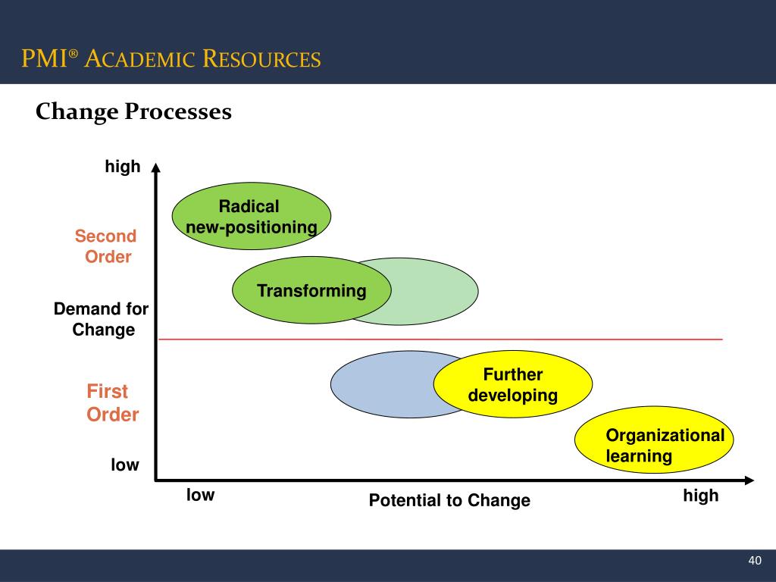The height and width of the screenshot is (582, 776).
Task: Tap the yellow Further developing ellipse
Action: (513, 385)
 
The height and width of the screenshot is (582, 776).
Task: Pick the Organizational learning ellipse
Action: (654, 445)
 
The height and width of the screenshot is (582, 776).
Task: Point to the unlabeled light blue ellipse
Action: (379, 384)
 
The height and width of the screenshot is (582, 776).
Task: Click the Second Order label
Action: (106, 246)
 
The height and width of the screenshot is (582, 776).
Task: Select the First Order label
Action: (112, 403)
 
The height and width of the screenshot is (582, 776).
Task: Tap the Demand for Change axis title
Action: (102, 319)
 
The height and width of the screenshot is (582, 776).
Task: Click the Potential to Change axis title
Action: (449, 500)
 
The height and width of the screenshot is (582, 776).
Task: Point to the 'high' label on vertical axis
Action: (123, 167)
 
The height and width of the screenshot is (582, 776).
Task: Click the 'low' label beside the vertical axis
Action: (125, 465)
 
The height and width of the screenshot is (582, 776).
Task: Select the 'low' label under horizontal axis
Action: (201, 496)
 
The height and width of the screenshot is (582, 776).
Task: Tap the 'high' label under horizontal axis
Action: (700, 496)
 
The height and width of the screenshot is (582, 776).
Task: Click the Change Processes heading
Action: (133, 112)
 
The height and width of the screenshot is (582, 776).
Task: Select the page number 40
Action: (754, 560)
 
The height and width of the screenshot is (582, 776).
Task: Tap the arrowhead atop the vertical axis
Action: (155, 167)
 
